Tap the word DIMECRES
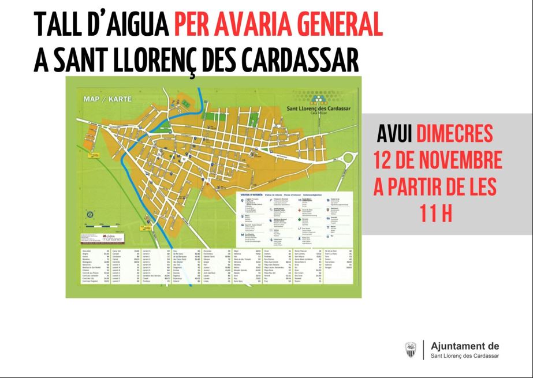point(456,134)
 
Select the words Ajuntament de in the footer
point(465,346)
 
